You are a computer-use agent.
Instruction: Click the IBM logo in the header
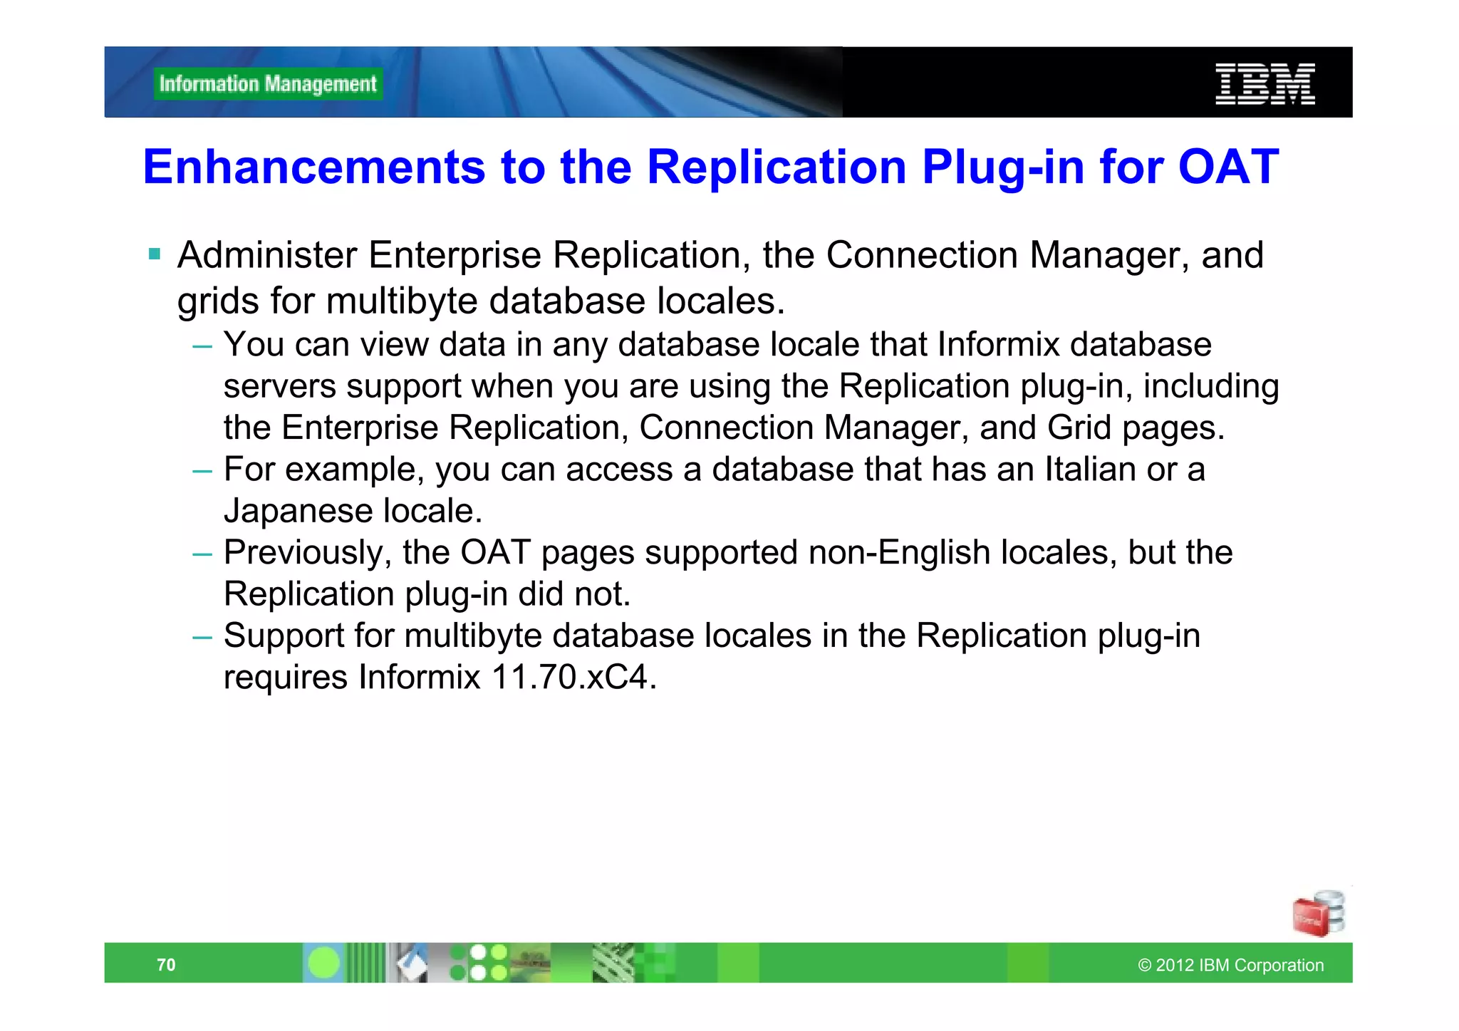click(1265, 83)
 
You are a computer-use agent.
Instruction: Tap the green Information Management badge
click(268, 84)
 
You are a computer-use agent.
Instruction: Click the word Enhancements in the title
click(314, 167)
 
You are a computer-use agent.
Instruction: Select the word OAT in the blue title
click(1228, 167)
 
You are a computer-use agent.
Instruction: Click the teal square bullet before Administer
click(155, 254)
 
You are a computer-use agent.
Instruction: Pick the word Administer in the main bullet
click(266, 255)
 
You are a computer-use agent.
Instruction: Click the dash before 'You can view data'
click(202, 346)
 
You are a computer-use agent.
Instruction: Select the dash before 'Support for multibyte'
click(202, 636)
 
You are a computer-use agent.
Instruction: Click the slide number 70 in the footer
click(166, 965)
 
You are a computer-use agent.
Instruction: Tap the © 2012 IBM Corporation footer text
click(1230, 965)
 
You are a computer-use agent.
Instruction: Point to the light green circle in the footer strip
click(324, 963)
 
